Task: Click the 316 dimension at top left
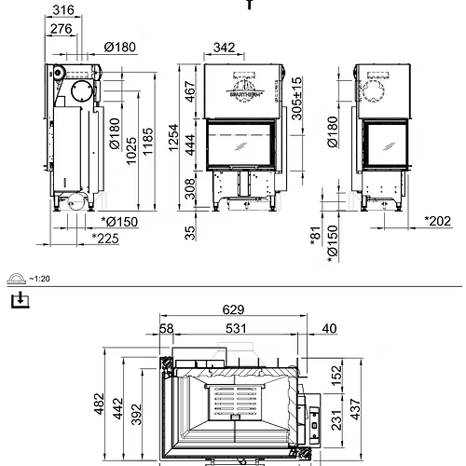(x=62, y=10)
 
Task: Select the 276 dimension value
(x=62, y=30)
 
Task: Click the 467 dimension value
(x=191, y=93)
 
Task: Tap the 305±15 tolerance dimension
(x=297, y=95)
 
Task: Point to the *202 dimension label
(x=437, y=221)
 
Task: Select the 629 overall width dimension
(x=233, y=309)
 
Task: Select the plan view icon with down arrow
(x=17, y=300)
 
